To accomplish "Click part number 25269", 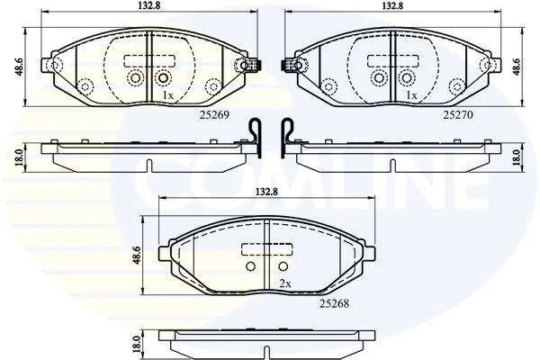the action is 214,114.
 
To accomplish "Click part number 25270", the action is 458,114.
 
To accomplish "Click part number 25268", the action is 334,303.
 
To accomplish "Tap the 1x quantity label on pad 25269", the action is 167,95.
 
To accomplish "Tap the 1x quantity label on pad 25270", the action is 411,95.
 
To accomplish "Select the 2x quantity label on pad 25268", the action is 285,283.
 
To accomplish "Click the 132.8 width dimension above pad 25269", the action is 149,5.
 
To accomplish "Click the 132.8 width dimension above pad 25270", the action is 392,5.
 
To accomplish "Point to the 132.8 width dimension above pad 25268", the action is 266,192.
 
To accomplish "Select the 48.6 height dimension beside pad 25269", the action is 20,67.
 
